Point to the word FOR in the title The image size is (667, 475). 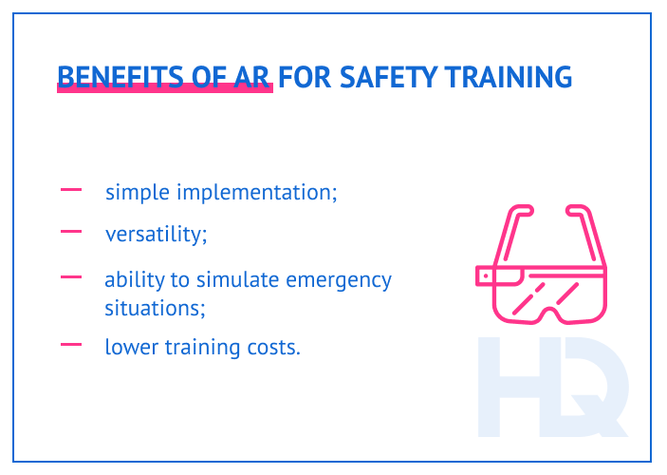click(x=300, y=76)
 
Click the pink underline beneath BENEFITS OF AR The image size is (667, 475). click(x=165, y=88)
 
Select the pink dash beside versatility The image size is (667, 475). click(x=71, y=231)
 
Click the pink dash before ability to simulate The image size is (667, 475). click(x=71, y=278)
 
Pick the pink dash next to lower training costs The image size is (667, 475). click(x=71, y=345)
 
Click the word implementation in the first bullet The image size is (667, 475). click(x=257, y=193)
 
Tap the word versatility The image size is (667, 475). click(x=156, y=234)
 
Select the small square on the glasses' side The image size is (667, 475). click(x=484, y=276)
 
